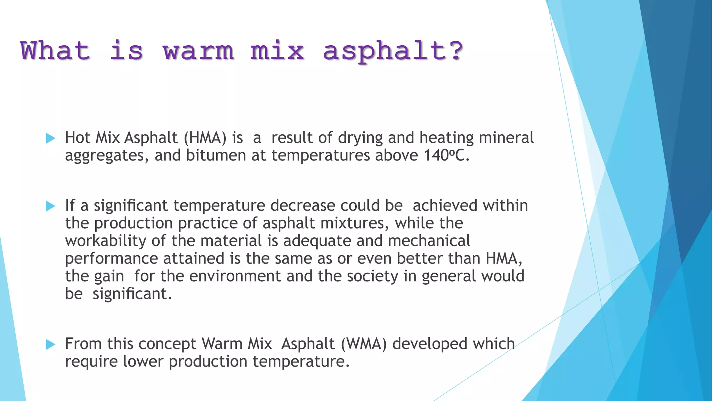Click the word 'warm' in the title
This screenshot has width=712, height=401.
(x=199, y=51)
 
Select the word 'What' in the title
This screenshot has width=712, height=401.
(x=55, y=51)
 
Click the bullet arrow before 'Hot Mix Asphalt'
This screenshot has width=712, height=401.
(x=51, y=138)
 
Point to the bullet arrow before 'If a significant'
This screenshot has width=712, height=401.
(x=51, y=206)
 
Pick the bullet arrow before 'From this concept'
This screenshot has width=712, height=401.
(x=51, y=345)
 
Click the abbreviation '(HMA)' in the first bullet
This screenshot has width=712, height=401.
(x=205, y=138)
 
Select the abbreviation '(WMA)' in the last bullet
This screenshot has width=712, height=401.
(x=364, y=344)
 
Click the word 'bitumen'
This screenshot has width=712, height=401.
(x=216, y=155)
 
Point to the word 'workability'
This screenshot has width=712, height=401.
(x=106, y=241)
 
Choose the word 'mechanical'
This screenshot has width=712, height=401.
(x=429, y=241)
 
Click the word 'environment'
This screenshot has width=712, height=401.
(x=235, y=276)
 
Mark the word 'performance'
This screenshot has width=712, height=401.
(x=112, y=259)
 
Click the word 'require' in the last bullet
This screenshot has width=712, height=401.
(x=91, y=362)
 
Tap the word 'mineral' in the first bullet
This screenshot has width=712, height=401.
(x=506, y=138)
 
